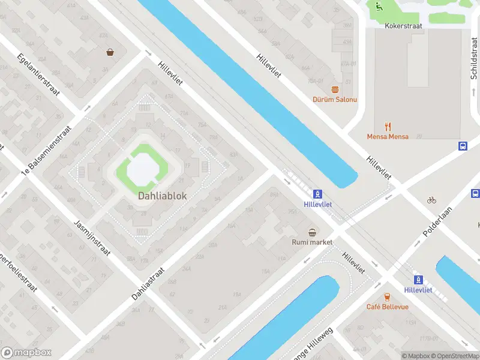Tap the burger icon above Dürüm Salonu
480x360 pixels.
pyautogui.click(x=334, y=88)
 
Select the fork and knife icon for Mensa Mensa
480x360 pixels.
pyautogui.click(x=388, y=126)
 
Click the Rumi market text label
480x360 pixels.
pyautogui.click(x=311, y=242)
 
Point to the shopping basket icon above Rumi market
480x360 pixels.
pyautogui.click(x=312, y=232)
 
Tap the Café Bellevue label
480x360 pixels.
pyautogui.click(x=387, y=307)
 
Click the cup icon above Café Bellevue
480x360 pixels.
pyautogui.click(x=387, y=296)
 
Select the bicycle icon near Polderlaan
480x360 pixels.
pyautogui.click(x=431, y=200)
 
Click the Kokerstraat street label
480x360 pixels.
pyautogui.click(x=404, y=26)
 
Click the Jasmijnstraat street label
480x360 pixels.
pyautogui.click(x=92, y=238)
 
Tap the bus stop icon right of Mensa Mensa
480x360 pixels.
pyautogui.click(x=463, y=146)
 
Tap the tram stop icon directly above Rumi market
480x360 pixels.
pyautogui.click(x=317, y=194)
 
